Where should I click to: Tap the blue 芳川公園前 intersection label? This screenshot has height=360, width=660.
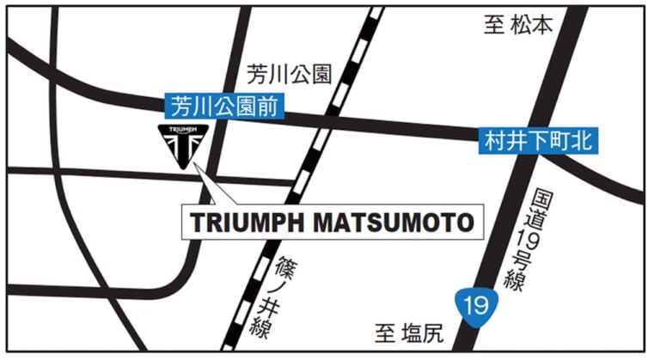pos(225,107)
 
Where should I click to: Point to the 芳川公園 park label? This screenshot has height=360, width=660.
pos(289,75)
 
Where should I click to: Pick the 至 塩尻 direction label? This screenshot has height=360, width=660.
pos(407,332)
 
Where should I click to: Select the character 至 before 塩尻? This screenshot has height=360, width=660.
pos(384,332)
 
